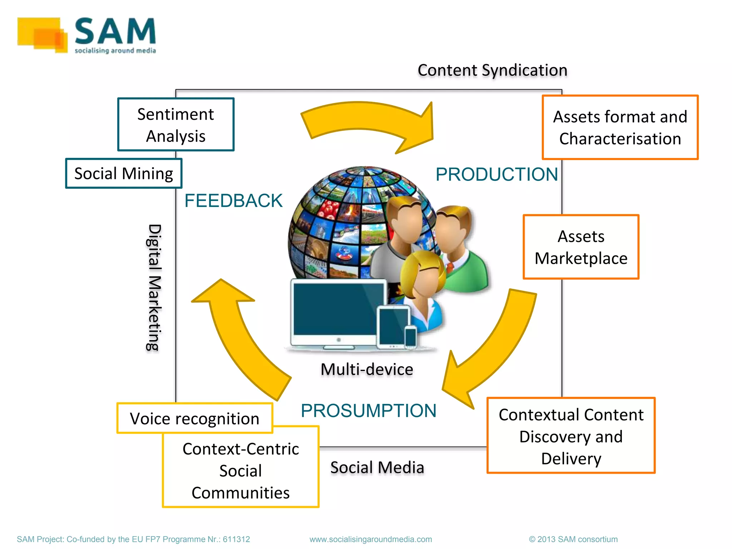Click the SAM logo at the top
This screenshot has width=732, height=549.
87,35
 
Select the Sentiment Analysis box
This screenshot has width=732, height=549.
175,125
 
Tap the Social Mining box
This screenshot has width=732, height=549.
124,173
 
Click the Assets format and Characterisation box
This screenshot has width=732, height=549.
620,127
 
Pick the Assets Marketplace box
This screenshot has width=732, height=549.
581,247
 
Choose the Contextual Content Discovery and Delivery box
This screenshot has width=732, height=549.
571,436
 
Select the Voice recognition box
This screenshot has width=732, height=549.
194,418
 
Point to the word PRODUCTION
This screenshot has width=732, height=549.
496,174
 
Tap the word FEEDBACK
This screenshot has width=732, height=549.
233,201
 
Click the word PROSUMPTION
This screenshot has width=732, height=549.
369,410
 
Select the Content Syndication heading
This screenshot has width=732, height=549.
492,70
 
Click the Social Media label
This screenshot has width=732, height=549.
377,467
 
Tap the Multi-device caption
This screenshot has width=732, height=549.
367,369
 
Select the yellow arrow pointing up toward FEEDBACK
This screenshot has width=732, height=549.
236,332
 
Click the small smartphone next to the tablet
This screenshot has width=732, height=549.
410,336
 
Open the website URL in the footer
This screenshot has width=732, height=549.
371,539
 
